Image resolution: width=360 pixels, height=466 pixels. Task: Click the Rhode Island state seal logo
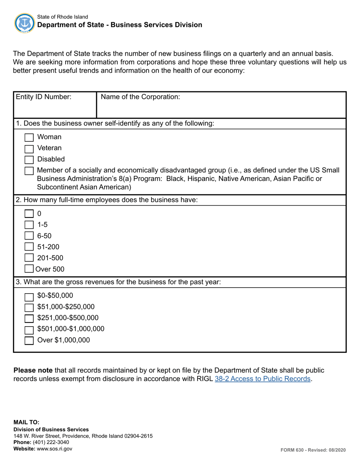(24, 23)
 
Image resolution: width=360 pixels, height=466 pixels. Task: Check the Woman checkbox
(29, 137)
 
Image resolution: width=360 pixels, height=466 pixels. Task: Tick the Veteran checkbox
(29, 149)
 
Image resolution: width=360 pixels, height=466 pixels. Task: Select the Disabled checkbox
(29, 160)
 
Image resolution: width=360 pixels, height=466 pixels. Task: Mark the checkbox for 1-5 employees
(29, 225)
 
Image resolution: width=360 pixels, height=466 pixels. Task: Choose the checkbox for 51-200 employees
(29, 247)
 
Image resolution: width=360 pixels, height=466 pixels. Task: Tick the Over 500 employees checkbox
(29, 269)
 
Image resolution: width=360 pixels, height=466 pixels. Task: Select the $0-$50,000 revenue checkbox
(29, 296)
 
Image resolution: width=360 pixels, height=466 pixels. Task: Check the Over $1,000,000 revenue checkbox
(29, 341)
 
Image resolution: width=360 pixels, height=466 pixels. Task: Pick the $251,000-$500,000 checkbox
(29, 318)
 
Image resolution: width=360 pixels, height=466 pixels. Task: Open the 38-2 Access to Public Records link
(263, 378)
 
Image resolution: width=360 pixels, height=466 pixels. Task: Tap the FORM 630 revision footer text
(313, 450)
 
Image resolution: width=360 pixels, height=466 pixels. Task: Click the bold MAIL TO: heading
(26, 422)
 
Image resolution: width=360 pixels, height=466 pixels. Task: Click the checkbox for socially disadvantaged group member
(29, 171)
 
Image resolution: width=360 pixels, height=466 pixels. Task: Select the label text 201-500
(50, 258)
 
